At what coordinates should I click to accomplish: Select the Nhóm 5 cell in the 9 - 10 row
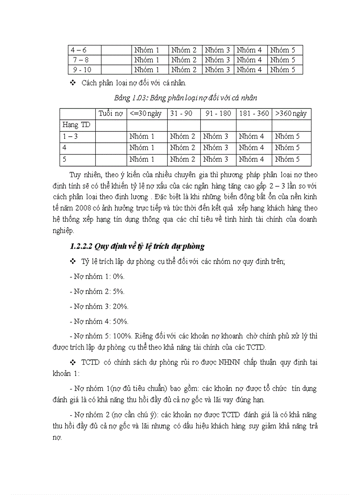(282, 70)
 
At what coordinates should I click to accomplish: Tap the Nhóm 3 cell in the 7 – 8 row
(217, 60)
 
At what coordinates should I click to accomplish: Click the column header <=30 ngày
(146, 114)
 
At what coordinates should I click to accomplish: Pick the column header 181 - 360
(254, 114)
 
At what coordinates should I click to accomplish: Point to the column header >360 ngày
(291, 114)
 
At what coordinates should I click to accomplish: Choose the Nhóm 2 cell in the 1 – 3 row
(183, 137)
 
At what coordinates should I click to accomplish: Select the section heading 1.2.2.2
(137, 246)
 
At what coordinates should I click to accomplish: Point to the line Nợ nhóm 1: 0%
(97, 277)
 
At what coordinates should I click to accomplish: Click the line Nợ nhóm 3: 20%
(99, 306)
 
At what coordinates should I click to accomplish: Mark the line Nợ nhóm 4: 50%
(99, 321)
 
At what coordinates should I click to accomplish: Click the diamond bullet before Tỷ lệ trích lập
(73, 262)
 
